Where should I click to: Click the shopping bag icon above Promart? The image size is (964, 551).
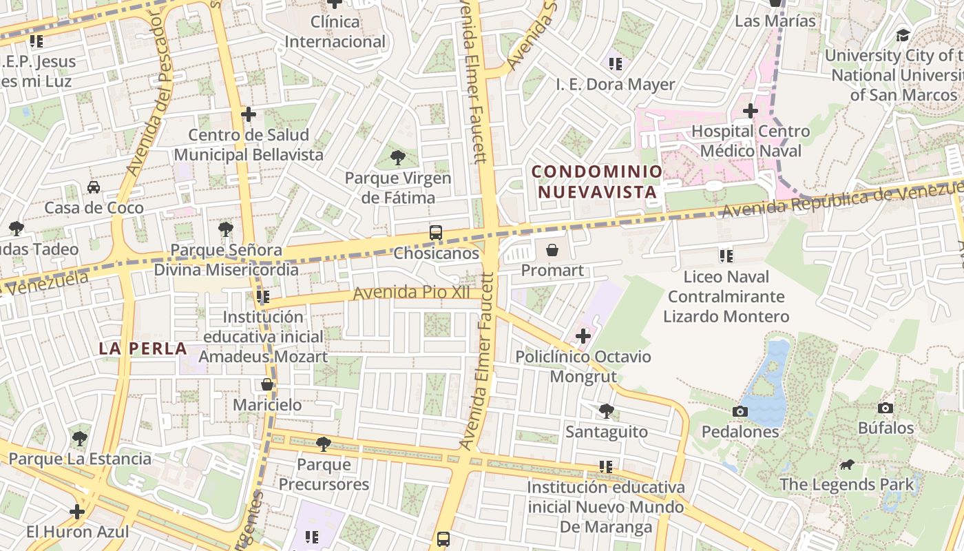click(552, 249)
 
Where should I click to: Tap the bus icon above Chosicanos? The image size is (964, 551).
click(436, 233)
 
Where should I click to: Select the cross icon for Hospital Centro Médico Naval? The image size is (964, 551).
click(750, 110)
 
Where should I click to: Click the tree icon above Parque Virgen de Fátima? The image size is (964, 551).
click(397, 158)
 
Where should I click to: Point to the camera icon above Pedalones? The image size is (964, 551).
click(740, 411)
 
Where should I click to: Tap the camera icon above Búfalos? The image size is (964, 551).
click(886, 408)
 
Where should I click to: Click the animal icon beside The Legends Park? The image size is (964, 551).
click(847, 464)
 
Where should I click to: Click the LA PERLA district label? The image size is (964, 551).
click(143, 349)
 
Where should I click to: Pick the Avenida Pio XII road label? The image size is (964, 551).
click(412, 293)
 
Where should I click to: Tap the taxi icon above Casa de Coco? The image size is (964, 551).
click(94, 187)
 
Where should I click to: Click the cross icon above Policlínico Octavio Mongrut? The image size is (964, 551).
click(583, 336)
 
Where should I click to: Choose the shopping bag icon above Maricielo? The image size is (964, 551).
click(267, 384)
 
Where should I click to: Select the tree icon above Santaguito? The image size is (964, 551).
click(606, 411)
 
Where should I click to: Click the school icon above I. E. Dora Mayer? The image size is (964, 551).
click(615, 64)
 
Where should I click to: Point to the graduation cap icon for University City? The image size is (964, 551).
click(902, 35)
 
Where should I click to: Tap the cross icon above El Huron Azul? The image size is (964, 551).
click(77, 512)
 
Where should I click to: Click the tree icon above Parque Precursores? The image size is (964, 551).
click(323, 444)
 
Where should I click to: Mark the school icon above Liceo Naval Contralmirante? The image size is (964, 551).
click(726, 256)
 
